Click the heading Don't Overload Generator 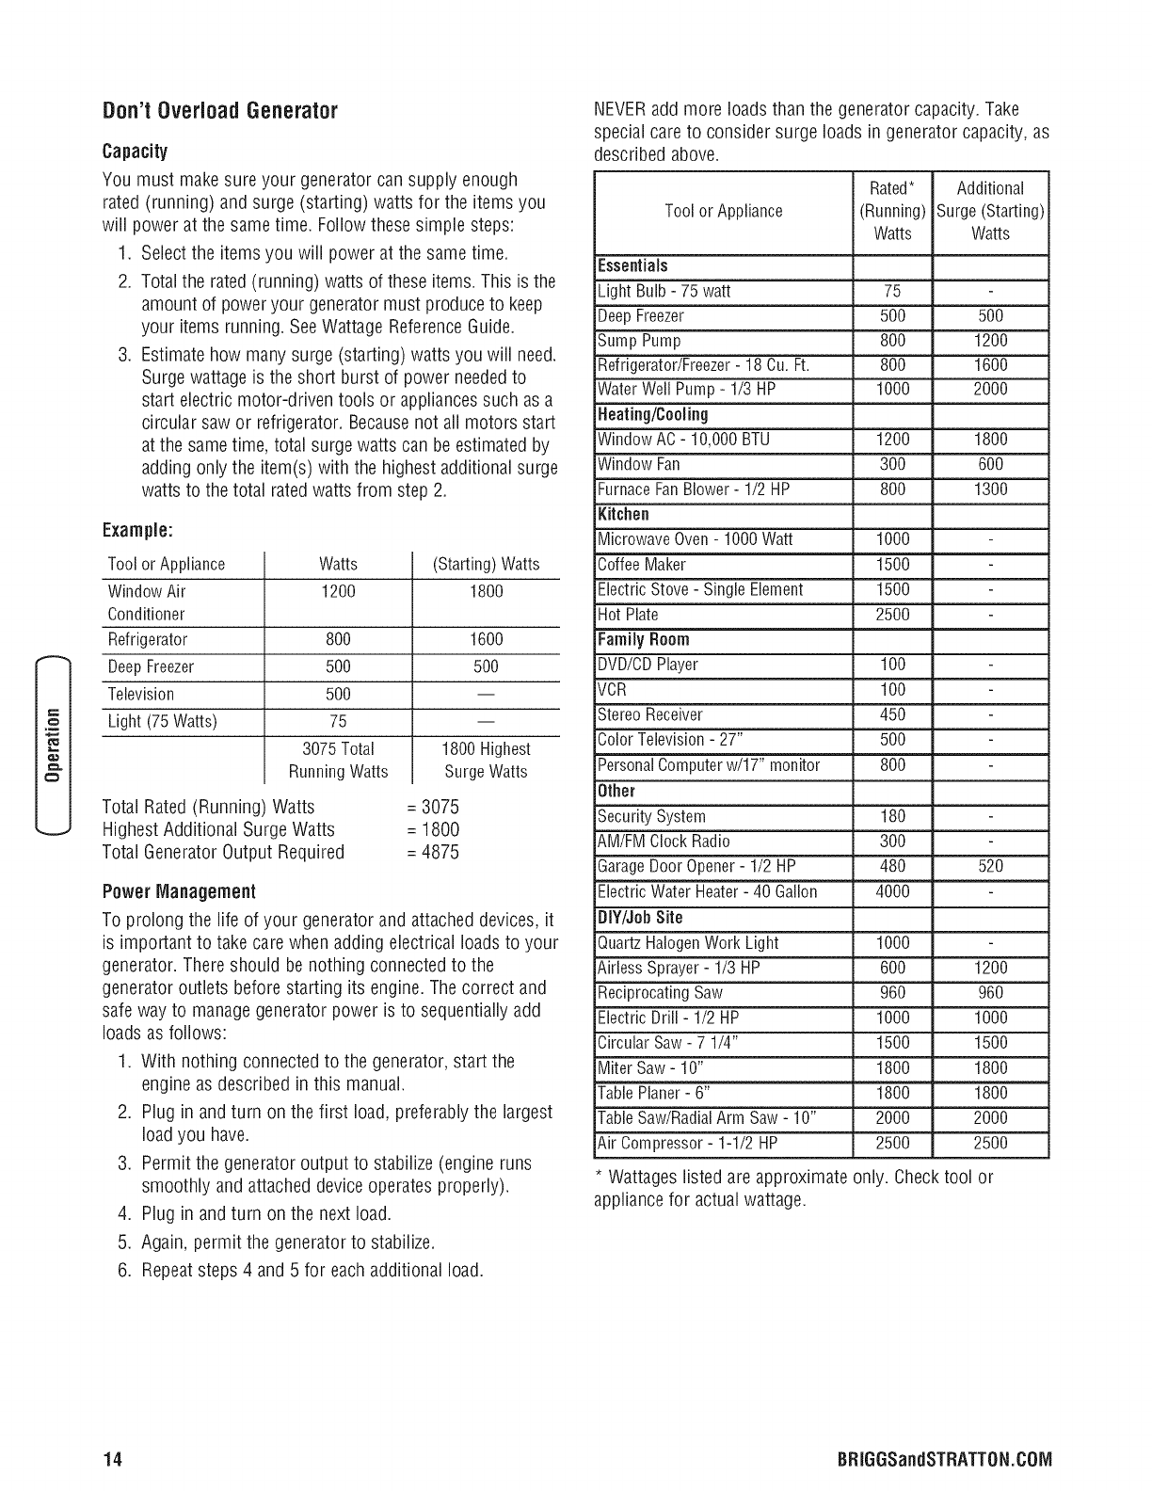pyautogui.click(x=219, y=112)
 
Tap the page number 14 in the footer pyautogui.click(x=113, y=1461)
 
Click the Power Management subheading pyautogui.click(x=179, y=890)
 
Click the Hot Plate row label pyautogui.click(x=629, y=615)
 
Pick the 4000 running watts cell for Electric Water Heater pyautogui.click(x=892, y=891)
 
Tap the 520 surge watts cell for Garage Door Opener pyautogui.click(x=990, y=866)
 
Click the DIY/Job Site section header pyautogui.click(x=640, y=918)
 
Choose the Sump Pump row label pyautogui.click(x=639, y=341)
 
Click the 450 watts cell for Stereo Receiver pyautogui.click(x=892, y=714)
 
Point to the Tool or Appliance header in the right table pyautogui.click(x=723, y=211)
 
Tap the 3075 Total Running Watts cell pyautogui.click(x=338, y=761)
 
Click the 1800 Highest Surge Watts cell pyautogui.click(x=486, y=761)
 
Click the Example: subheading pyautogui.click(x=140, y=530)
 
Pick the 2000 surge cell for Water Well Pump pyautogui.click(x=990, y=390)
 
